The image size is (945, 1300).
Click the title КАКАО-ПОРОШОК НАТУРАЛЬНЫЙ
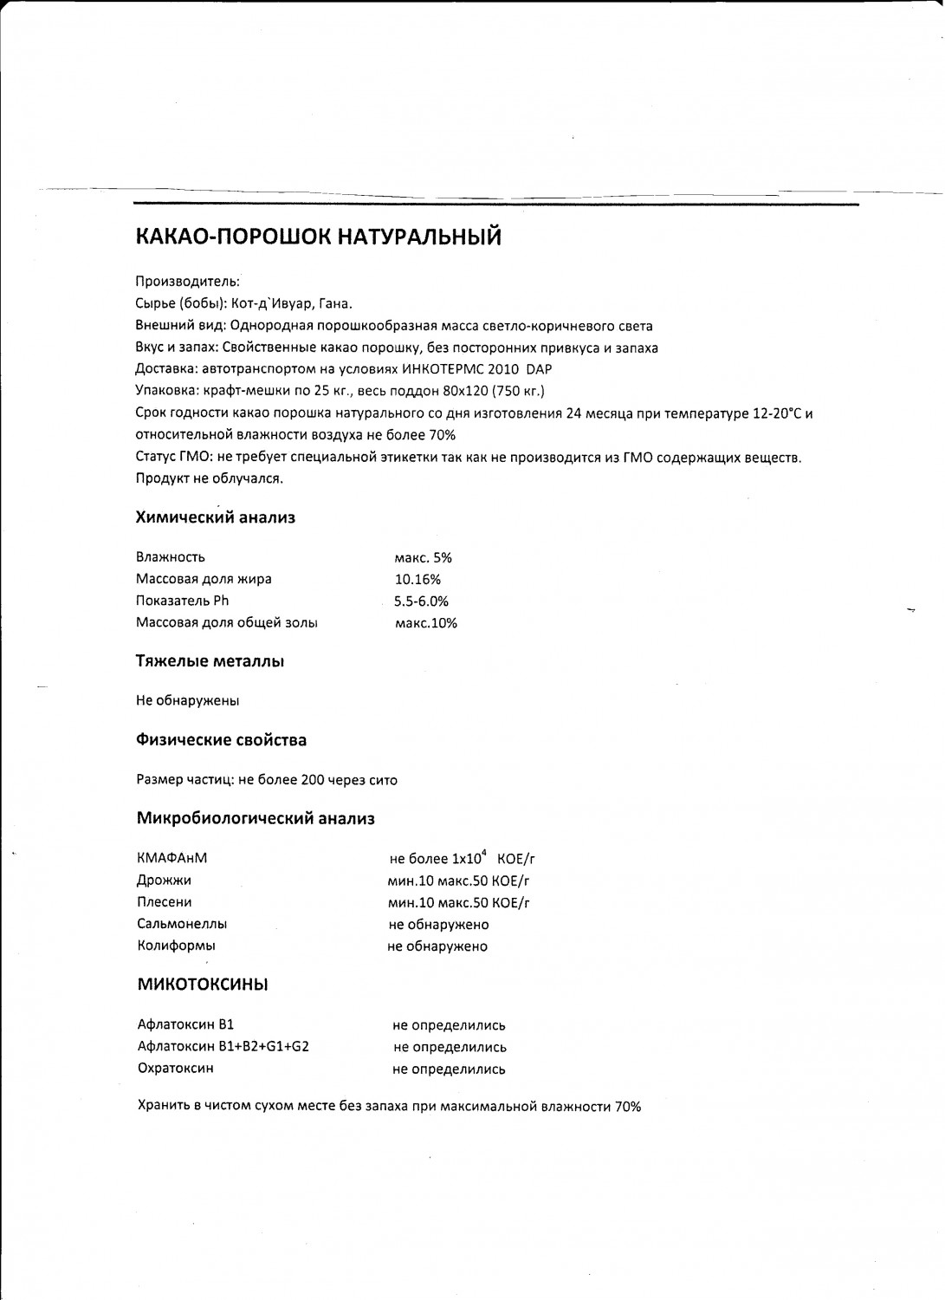coord(319,237)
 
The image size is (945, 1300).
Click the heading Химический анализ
coord(216,517)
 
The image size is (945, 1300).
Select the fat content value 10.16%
coord(417,579)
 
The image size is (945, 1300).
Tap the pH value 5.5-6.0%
coord(421,601)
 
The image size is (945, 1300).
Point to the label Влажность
coord(171,557)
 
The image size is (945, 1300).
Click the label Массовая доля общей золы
coord(227,622)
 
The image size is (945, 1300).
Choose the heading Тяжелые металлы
coord(210,661)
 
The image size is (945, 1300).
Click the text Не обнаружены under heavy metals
coord(188,700)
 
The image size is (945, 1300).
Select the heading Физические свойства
coord(222,740)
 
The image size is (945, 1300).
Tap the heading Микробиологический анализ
coord(256,818)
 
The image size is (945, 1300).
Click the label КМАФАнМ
coord(172,859)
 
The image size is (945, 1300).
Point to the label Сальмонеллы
coord(182,924)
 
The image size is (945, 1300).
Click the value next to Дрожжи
coord(459,881)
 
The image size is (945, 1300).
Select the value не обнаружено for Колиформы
coord(437,946)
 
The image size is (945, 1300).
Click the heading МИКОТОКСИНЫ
coord(203,985)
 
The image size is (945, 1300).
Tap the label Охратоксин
coord(176,1069)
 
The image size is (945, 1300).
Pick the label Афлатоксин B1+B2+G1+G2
coord(223,1047)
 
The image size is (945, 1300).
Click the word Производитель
coord(187,282)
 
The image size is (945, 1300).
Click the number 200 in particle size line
coord(312,780)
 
